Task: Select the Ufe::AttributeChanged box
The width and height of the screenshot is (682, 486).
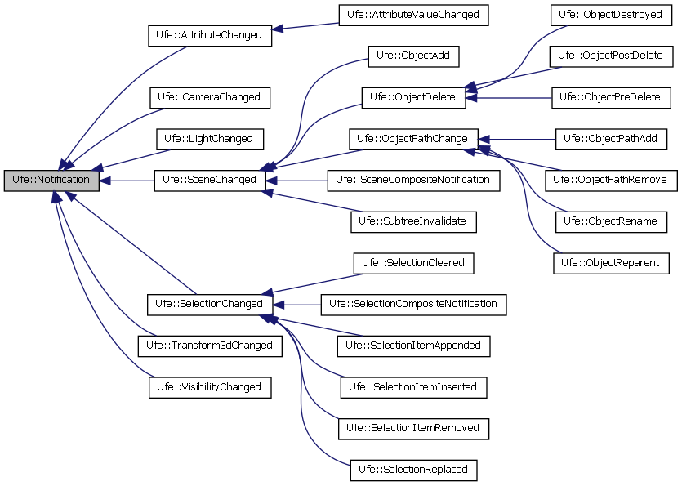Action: (x=209, y=36)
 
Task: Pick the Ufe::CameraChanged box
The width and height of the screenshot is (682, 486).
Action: (x=209, y=97)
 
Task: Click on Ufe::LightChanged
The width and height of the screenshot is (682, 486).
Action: (x=209, y=139)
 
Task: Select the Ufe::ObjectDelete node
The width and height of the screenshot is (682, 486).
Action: (x=413, y=97)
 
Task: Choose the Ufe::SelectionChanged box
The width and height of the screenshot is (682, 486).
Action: (x=209, y=304)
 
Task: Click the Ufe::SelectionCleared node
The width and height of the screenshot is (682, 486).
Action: (x=413, y=263)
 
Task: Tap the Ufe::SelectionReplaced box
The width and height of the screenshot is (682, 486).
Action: (x=413, y=470)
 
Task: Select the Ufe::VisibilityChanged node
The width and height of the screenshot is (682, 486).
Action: (x=209, y=387)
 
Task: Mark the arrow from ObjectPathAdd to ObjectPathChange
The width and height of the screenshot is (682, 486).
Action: (x=523, y=139)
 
